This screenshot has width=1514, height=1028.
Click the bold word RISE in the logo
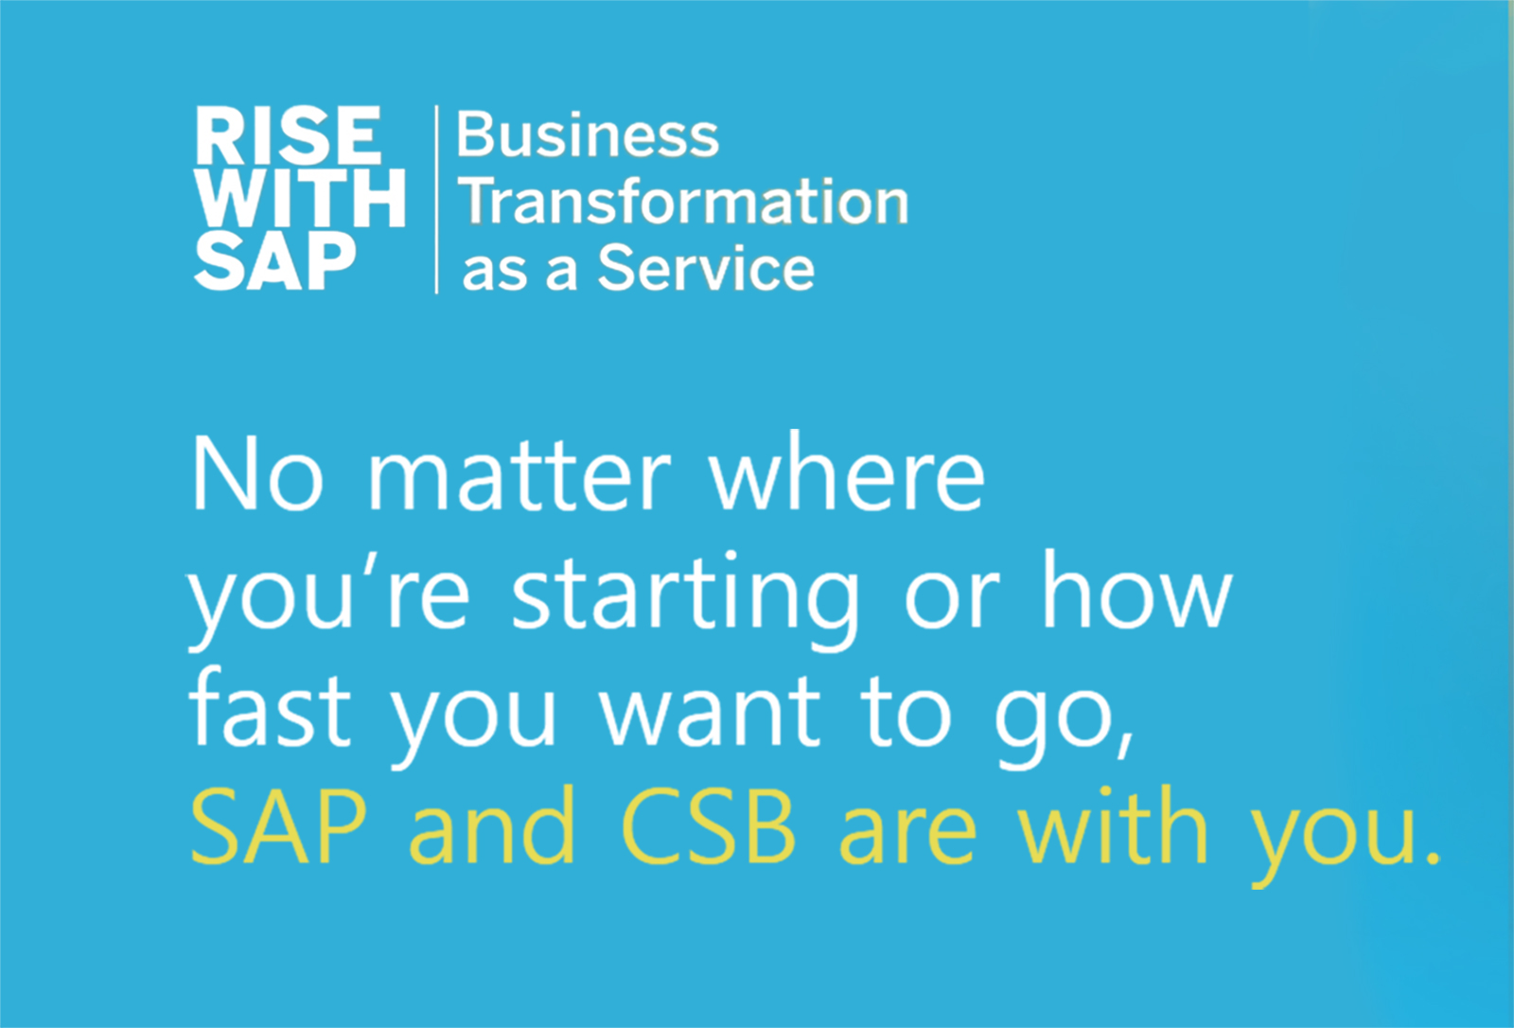(x=289, y=136)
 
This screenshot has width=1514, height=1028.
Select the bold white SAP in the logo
(x=275, y=262)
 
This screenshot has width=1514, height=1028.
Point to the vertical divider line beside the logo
(x=436, y=199)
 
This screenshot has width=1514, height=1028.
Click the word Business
(x=588, y=135)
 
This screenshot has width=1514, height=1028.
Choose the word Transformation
(x=684, y=202)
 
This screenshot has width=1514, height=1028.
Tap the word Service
(x=706, y=269)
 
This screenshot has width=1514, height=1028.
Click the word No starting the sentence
(x=257, y=475)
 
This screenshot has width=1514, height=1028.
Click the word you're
(x=329, y=598)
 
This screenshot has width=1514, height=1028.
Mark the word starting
(x=685, y=598)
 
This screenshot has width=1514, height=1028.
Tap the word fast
(x=271, y=712)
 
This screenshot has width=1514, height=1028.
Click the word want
(x=712, y=716)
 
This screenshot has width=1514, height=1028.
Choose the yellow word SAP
(x=278, y=828)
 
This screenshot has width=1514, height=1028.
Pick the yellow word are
(x=907, y=833)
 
